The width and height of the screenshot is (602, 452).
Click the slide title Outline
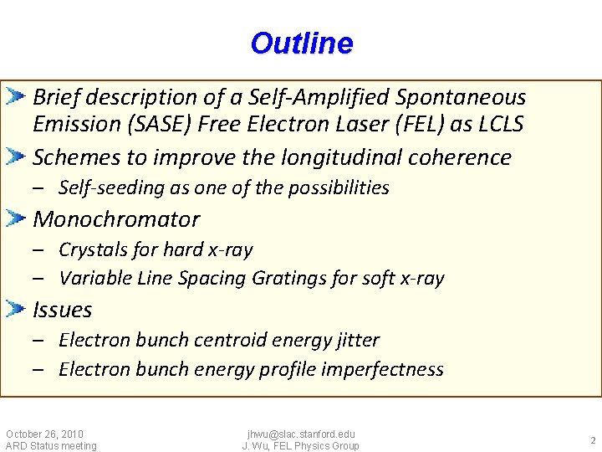[x=301, y=44]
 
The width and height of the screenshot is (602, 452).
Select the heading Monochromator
[x=116, y=219]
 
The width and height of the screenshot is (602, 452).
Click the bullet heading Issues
[x=62, y=310]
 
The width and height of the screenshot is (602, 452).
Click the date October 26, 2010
[x=44, y=434]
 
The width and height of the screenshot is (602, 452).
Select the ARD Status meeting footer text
[x=51, y=446]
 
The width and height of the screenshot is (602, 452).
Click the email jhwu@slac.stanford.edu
[x=301, y=434]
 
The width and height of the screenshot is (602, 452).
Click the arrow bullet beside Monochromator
[x=17, y=219]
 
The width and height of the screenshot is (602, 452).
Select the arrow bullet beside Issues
[x=17, y=310]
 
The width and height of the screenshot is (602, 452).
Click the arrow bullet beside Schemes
[x=17, y=157]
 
